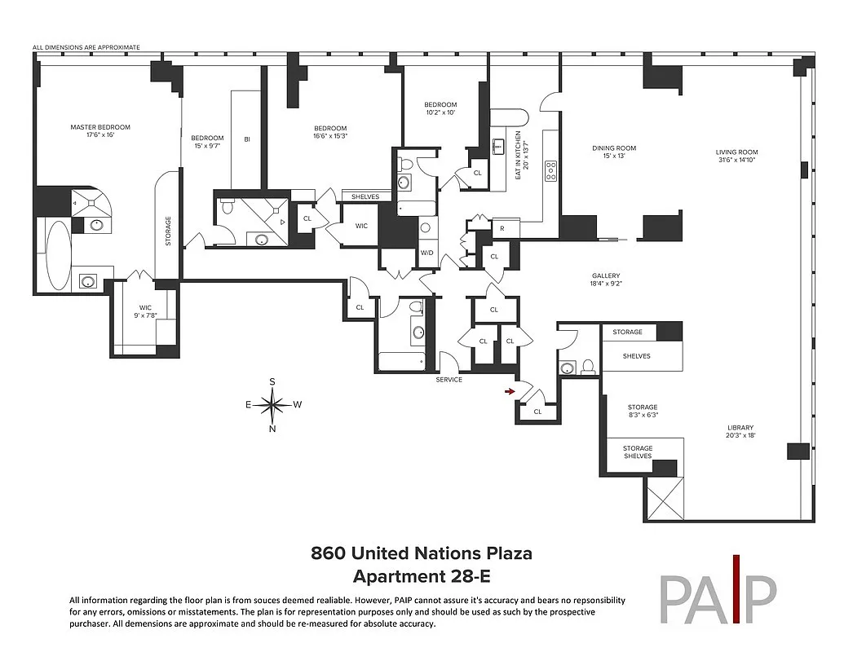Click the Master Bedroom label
coord(100,131)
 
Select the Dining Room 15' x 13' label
coord(614,152)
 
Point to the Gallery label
coord(606,280)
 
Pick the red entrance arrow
coord(510,393)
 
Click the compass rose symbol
coord(272,404)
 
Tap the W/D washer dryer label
coord(427,252)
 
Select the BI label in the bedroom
coord(247,139)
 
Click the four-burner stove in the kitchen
coord(551,171)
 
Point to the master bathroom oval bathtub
coord(58,255)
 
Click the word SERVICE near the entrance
coord(449,380)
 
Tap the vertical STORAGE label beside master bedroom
coord(169,231)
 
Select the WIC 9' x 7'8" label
coord(145,311)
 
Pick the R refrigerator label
coord(502,229)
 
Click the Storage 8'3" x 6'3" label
coord(643,411)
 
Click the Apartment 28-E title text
coord(421,576)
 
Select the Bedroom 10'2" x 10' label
coord(440,108)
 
